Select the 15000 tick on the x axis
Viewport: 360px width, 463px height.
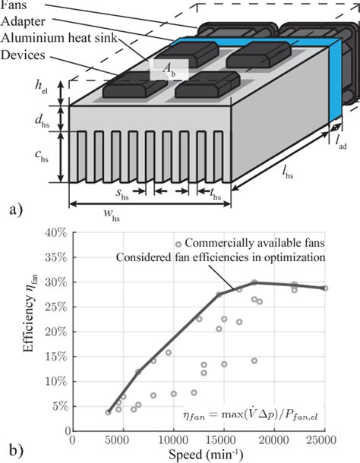(x=223, y=439)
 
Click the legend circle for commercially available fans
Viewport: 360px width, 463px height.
(x=177, y=244)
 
